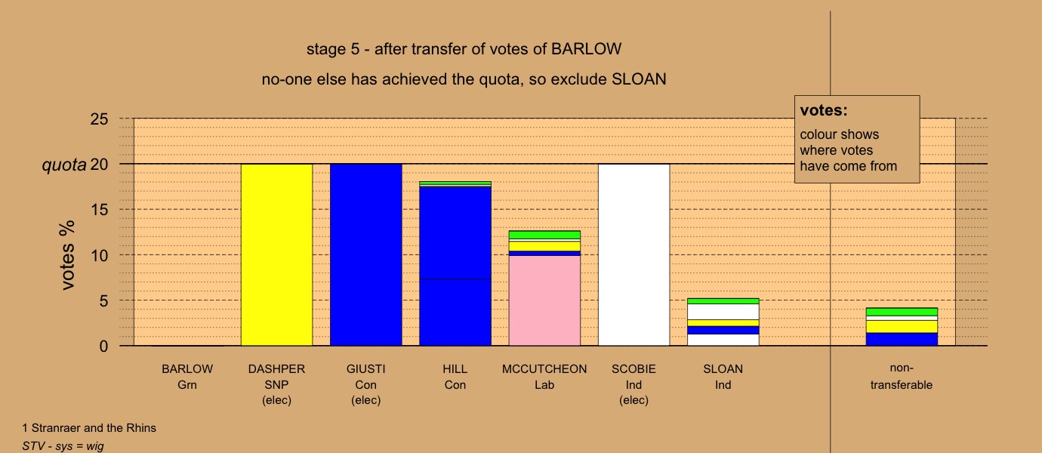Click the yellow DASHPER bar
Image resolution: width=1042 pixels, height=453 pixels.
pyautogui.click(x=277, y=254)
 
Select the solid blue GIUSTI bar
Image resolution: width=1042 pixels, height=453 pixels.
pyautogui.click(x=366, y=254)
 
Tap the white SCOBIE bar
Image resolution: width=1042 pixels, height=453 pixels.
pyautogui.click(x=634, y=254)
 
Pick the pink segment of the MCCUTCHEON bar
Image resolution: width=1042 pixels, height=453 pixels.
pyautogui.click(x=544, y=300)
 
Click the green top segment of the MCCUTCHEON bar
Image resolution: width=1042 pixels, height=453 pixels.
pyautogui.click(x=544, y=235)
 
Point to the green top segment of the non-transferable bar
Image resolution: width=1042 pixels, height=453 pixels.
pyautogui.click(x=902, y=312)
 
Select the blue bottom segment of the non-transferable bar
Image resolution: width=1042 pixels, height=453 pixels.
pyautogui.click(x=902, y=339)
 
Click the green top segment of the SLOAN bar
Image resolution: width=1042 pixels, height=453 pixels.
pyautogui.click(x=723, y=301)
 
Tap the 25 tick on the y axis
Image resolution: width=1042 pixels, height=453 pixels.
pyautogui.click(x=99, y=119)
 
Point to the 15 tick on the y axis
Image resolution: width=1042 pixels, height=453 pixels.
pyautogui.click(x=99, y=210)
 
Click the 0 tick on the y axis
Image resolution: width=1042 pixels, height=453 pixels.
pyautogui.click(x=103, y=346)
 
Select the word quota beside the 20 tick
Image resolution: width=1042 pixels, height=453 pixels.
pyautogui.click(x=64, y=165)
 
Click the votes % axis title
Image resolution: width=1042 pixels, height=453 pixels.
pyautogui.click(x=67, y=255)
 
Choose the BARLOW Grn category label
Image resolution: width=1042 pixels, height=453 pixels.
pyautogui.click(x=187, y=377)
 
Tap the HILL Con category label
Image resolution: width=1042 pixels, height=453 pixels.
pyautogui.click(x=455, y=377)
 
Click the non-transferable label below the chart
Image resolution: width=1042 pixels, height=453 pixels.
pyautogui.click(x=902, y=376)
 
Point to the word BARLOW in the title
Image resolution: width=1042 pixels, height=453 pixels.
pyautogui.click(x=586, y=49)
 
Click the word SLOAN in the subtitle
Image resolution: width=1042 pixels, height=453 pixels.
pyautogui.click(x=639, y=79)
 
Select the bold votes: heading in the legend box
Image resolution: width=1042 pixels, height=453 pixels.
pyautogui.click(x=824, y=110)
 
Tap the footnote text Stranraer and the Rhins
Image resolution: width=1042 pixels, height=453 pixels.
pyautogui.click(x=94, y=428)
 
